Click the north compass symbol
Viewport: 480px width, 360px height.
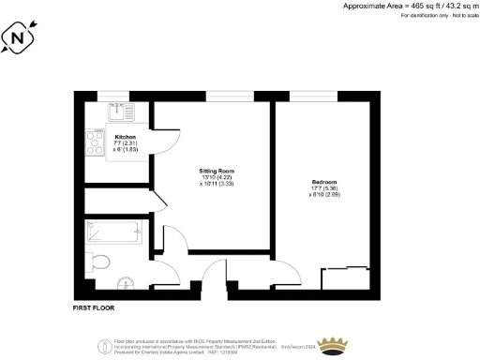[20, 40]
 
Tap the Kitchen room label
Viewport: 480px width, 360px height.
[99, 140]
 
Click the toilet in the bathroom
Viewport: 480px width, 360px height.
[100, 261]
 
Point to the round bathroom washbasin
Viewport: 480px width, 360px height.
[127, 280]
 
